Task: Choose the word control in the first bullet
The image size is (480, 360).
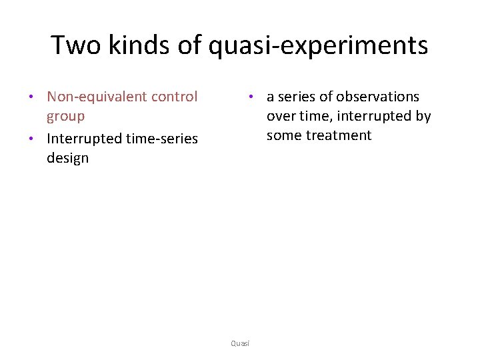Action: click(175, 97)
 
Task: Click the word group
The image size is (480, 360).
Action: click(65, 116)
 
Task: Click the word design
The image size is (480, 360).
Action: click(67, 158)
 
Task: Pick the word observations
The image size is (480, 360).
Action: click(378, 97)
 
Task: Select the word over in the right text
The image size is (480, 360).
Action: click(281, 116)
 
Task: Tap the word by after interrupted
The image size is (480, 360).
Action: click(423, 116)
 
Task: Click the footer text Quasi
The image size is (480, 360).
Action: click(240, 343)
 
